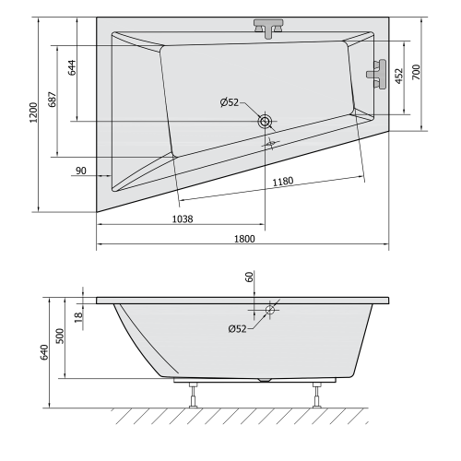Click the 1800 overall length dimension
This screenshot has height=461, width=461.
click(x=243, y=238)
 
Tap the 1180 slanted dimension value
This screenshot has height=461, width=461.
click(x=283, y=181)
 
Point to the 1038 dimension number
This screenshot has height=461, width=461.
click(x=183, y=218)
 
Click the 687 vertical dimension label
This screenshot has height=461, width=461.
click(x=54, y=103)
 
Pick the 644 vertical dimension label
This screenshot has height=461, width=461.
click(x=72, y=66)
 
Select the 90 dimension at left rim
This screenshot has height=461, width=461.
click(x=81, y=170)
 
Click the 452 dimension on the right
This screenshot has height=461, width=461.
click(x=398, y=77)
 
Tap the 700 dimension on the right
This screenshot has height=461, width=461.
click(x=417, y=72)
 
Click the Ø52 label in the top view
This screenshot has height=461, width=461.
click(x=231, y=102)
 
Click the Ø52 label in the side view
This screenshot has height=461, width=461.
click(x=237, y=328)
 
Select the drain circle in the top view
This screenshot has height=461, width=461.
click(x=266, y=121)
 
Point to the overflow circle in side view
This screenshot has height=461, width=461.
click(x=270, y=311)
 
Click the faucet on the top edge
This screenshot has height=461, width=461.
click(x=269, y=28)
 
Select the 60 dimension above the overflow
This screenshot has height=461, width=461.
click(x=248, y=278)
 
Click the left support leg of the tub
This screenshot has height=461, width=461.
click(x=194, y=395)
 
